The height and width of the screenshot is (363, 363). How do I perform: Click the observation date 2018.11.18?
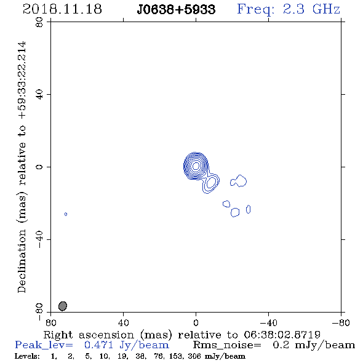[62, 9]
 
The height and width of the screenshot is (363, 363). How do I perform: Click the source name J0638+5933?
[176, 9]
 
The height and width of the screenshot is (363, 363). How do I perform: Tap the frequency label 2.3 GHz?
[311, 9]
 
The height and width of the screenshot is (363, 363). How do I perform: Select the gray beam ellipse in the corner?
[63, 306]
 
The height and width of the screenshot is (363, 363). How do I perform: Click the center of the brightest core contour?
[196, 166]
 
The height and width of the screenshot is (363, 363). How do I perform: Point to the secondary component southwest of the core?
[211, 183]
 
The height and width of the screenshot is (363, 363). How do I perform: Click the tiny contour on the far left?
[66, 214]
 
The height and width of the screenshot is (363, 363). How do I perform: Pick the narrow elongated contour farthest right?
[248, 209]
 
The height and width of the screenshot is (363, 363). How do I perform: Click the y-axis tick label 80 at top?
[39, 22]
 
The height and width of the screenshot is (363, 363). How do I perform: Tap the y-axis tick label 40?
[39, 95]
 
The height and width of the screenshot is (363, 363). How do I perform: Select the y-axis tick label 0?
[39, 167]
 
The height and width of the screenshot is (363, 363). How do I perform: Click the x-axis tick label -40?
[268, 322]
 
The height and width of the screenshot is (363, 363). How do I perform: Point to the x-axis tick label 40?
[124, 322]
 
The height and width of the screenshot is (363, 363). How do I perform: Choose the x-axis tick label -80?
[341, 322]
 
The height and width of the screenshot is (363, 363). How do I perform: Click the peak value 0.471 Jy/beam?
[127, 345]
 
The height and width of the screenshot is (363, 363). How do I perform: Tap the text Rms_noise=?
[227, 345]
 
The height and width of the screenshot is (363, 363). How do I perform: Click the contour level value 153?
[176, 356]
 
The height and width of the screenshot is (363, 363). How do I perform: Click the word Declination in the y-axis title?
[22, 261]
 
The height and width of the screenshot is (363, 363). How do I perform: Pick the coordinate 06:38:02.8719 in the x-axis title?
[282, 335]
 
